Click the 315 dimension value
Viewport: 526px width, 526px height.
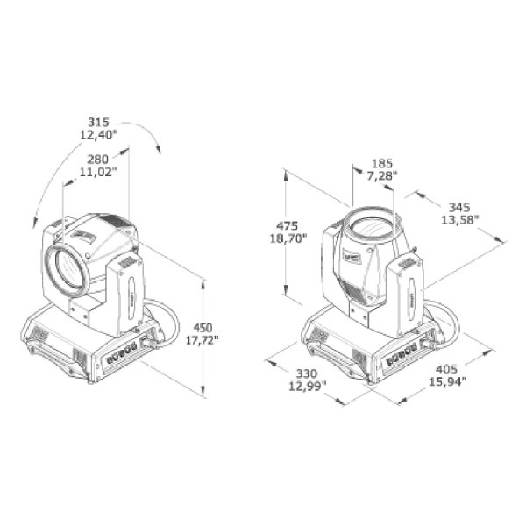pyautogui.click(x=98, y=122)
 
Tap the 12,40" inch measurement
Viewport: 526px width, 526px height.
pyautogui.click(x=99, y=135)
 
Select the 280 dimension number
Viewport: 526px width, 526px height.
pyautogui.click(x=98, y=159)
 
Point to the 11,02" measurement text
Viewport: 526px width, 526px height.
pyautogui.click(x=98, y=172)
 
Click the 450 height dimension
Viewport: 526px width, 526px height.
pyautogui.click(x=203, y=328)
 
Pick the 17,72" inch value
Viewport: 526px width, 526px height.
pyautogui.click(x=202, y=341)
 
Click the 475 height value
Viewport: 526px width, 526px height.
pyautogui.click(x=288, y=225)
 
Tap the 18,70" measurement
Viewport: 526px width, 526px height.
pyautogui.click(x=288, y=238)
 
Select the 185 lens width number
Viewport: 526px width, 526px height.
pyautogui.click(x=382, y=164)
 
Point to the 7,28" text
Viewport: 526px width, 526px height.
pyautogui.click(x=382, y=176)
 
